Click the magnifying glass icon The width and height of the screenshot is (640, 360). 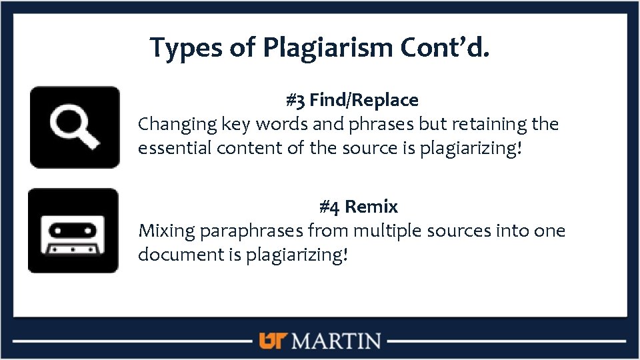75,127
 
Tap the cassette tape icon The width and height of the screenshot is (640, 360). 73,231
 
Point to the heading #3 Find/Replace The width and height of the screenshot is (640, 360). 352,101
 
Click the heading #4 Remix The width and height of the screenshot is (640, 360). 359,207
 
